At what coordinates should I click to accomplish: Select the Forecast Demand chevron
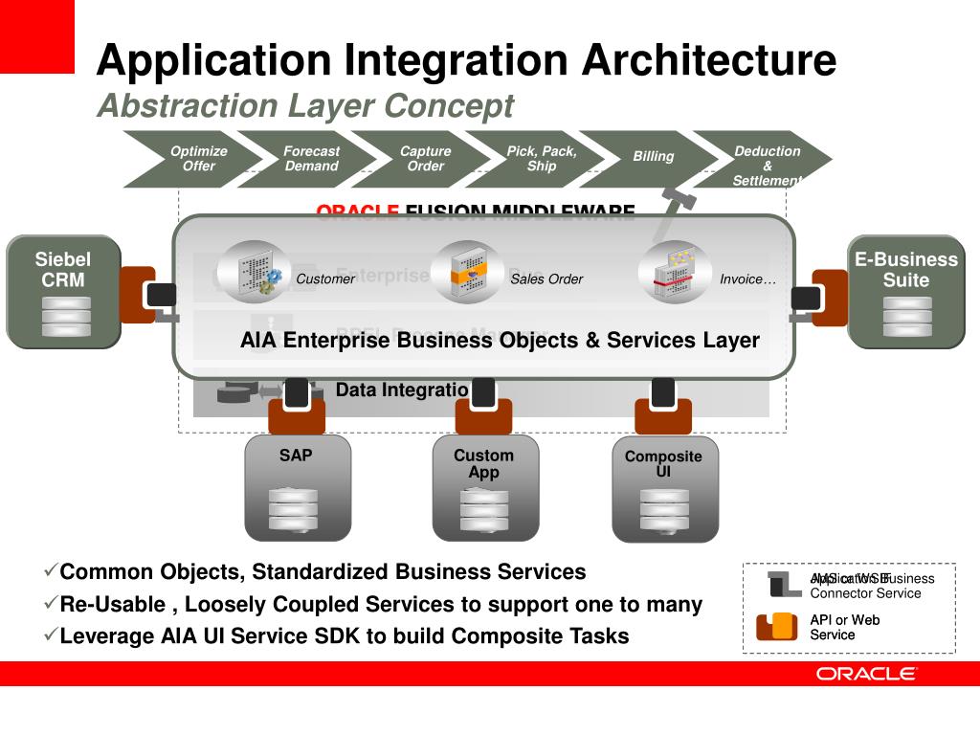pyautogui.click(x=308, y=159)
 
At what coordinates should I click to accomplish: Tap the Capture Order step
pyautogui.click(x=423, y=159)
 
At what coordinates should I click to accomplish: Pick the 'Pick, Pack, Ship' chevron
pyautogui.click(x=539, y=159)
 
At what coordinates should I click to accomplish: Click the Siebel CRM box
pyautogui.click(x=64, y=291)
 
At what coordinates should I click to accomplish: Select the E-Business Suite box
pyautogui.click(x=905, y=291)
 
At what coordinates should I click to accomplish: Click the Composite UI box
pyautogui.click(x=664, y=488)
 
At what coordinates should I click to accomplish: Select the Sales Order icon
pyautogui.click(x=466, y=272)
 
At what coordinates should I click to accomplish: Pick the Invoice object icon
pyautogui.click(x=674, y=272)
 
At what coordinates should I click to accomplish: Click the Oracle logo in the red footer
pyautogui.click(x=866, y=674)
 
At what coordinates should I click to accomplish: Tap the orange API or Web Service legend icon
pyautogui.click(x=776, y=626)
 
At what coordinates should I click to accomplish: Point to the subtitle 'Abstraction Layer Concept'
pyautogui.click(x=305, y=105)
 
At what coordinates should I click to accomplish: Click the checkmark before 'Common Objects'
pyautogui.click(x=51, y=571)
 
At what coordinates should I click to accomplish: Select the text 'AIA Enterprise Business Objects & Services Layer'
pyautogui.click(x=500, y=341)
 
